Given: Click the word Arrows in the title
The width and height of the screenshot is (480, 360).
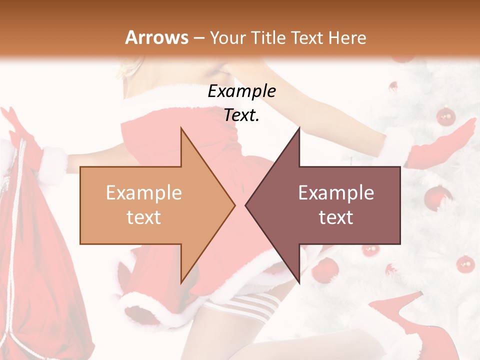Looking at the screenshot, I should pos(156,37).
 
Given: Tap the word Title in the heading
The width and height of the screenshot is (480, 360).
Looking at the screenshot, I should pos(267,37).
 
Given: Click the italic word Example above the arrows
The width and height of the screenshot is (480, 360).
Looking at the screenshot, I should pos(241,91).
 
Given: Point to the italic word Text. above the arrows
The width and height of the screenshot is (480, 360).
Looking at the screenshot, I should pos(241,115).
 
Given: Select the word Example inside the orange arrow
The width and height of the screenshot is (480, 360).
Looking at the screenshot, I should pos(143,193).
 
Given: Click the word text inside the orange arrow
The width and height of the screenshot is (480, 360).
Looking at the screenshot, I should pos(143,217).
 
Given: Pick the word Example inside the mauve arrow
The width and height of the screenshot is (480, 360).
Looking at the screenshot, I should pos(336,193).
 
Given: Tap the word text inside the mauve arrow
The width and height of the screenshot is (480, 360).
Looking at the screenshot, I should pos(336,217).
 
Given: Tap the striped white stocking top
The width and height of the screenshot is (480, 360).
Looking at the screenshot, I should pos(250,305).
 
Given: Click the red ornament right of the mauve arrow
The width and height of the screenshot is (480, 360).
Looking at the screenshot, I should pos(465,263).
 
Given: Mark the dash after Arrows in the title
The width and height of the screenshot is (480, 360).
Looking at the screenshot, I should pos(199,37).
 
